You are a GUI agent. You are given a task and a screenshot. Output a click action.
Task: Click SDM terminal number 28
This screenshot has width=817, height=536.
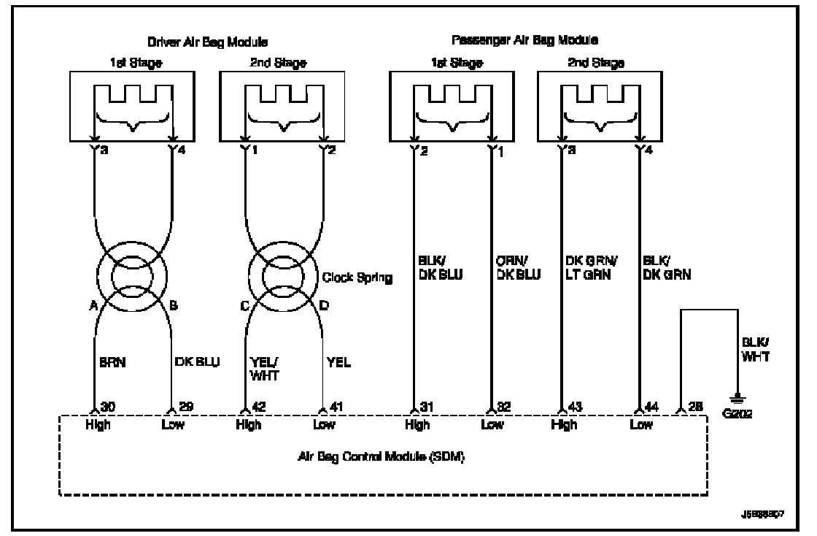point(697,408)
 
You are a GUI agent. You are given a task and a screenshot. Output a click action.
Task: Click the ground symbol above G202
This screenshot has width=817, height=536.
point(737,397)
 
